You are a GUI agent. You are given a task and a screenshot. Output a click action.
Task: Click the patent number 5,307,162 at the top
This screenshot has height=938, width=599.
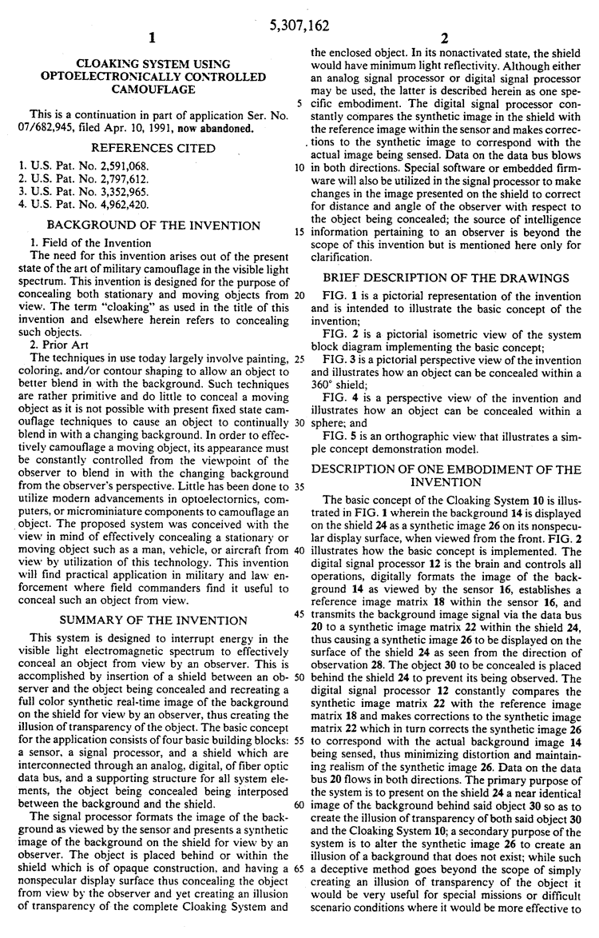point(300,26)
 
